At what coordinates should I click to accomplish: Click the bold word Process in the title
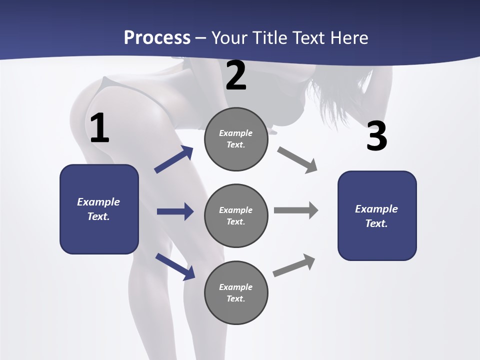click(x=157, y=37)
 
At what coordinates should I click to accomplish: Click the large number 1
click(x=99, y=128)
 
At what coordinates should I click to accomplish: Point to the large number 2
click(x=236, y=75)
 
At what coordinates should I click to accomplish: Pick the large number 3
click(x=376, y=136)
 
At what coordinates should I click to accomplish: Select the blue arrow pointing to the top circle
click(x=174, y=159)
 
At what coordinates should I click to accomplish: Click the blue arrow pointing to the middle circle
click(x=175, y=211)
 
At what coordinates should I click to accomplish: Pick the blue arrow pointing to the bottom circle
click(x=175, y=266)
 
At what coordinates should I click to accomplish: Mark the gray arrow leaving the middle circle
click(x=296, y=210)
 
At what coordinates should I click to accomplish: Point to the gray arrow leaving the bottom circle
click(x=294, y=265)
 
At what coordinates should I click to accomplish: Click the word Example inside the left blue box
click(x=98, y=202)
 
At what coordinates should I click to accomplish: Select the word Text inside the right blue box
click(x=376, y=223)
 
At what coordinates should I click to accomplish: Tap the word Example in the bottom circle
click(x=235, y=287)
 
